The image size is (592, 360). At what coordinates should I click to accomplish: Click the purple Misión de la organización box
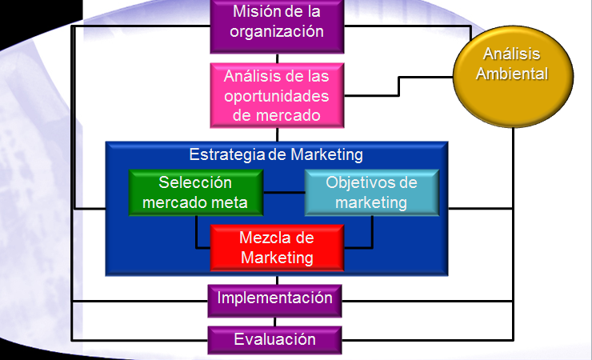(x=277, y=22)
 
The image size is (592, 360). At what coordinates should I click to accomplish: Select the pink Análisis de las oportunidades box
(x=277, y=95)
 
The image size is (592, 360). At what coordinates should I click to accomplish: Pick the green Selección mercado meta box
(x=196, y=193)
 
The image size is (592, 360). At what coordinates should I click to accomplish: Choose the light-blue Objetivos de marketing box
(x=371, y=193)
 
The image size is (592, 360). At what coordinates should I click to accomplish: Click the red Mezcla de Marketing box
(x=277, y=247)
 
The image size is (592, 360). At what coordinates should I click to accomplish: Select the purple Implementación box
(x=276, y=298)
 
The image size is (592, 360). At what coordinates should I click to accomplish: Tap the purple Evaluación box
(x=276, y=340)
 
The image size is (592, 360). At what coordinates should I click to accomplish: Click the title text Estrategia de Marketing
(x=276, y=154)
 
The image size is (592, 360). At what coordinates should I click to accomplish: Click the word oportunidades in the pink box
(x=277, y=96)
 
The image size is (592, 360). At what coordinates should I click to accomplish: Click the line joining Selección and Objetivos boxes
(x=284, y=193)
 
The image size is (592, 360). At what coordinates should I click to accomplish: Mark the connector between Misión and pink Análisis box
(x=277, y=58)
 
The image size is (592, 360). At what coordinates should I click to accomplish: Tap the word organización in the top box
(x=277, y=32)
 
